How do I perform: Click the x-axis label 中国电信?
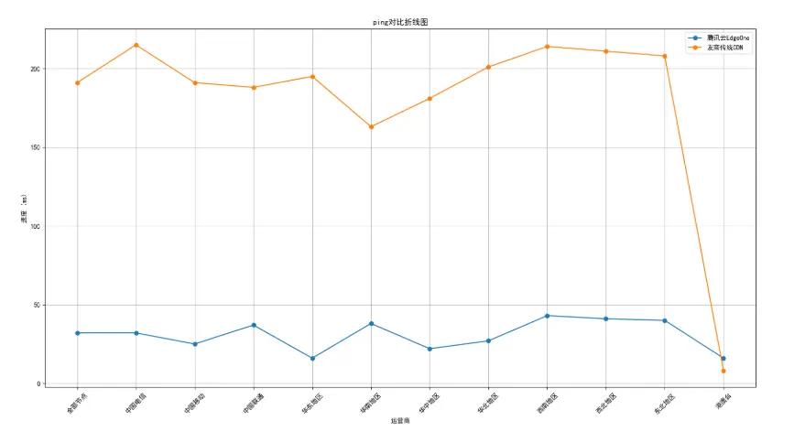pos(135,403)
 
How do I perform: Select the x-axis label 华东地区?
pos(310,403)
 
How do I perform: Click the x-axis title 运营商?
pos(400,421)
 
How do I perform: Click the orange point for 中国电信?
pos(136,45)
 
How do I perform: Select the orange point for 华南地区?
pos(371,126)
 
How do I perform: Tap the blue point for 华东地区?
pos(312,358)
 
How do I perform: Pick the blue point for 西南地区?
pos(547,316)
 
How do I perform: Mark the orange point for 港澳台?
pos(723,371)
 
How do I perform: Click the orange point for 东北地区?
pos(664,56)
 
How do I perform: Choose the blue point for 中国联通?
pos(254,325)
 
